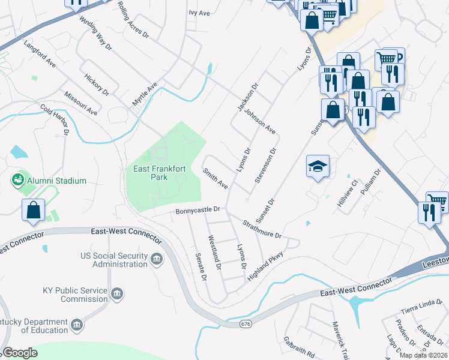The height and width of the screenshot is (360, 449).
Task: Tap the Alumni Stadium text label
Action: pos(56,181)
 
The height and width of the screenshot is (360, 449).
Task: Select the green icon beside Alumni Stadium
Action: pos(17,179)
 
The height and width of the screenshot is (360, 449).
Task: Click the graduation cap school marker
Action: pos(318,166)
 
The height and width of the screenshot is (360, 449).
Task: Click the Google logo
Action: pos(20,353)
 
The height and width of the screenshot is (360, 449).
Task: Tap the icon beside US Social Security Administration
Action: pos(157,259)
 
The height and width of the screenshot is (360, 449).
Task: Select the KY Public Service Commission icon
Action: pos(117,294)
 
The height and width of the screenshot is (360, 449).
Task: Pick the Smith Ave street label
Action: pos(215,179)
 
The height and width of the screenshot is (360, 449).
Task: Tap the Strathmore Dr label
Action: pos(262,229)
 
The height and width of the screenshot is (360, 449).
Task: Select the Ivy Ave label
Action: pos(199,13)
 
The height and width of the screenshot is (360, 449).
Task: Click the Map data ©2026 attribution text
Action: pos(423,355)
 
